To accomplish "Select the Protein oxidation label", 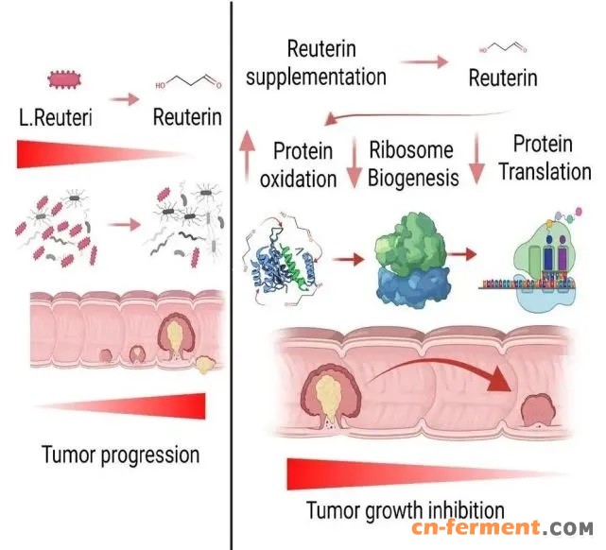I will click(304, 164).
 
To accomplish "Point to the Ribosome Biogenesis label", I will click(412, 163).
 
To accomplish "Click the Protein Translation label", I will click(543, 158).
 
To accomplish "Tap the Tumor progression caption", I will click(121, 455).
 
